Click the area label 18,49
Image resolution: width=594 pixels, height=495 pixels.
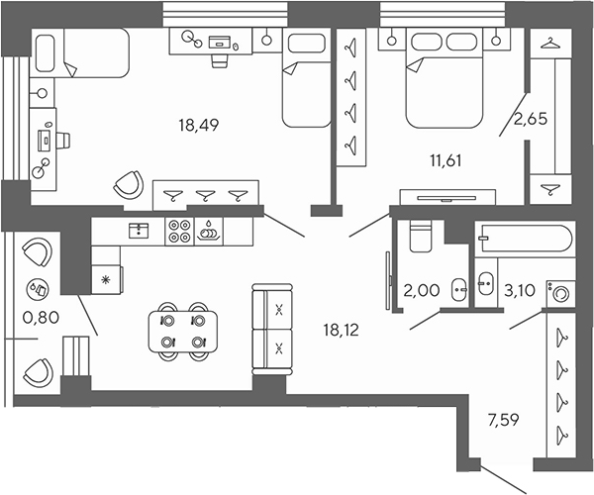point(198,125)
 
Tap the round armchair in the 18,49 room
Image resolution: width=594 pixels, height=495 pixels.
point(128,184)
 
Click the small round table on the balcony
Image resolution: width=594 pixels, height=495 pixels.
point(41,290)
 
